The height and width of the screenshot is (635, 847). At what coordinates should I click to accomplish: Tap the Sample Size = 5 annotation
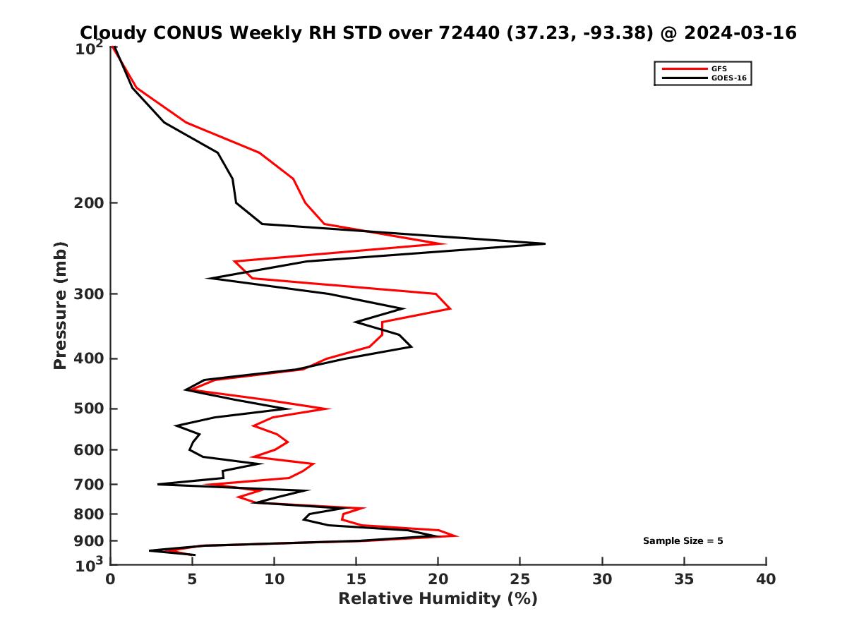pos(683,541)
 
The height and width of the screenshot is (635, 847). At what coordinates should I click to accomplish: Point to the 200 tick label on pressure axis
pos(89,202)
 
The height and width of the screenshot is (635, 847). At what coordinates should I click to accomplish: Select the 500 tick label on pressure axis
pos(89,409)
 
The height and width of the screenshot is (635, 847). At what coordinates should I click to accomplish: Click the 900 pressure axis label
pos(89,541)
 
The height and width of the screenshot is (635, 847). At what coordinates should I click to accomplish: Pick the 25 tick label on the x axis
pos(519,579)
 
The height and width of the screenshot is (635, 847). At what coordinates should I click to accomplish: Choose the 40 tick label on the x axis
pos(766,579)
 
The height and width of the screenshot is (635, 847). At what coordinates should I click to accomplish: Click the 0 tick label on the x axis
pos(110,579)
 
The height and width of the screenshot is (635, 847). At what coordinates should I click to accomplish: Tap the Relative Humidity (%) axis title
pos(438,599)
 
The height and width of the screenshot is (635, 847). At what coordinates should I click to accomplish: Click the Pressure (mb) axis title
pos(60,306)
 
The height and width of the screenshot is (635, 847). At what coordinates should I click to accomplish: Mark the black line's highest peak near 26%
pos(544,243)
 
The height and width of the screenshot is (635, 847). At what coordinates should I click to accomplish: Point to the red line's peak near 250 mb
pos(445,243)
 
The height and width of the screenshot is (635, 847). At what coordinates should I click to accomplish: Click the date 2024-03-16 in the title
pos(740,32)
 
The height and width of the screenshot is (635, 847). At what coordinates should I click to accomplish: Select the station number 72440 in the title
pos(469,32)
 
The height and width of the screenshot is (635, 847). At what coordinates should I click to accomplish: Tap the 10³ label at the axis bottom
pos(89,564)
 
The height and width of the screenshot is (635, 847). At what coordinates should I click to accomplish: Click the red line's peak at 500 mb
pos(330,409)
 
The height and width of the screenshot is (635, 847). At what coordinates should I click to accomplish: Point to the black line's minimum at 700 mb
pos(158,484)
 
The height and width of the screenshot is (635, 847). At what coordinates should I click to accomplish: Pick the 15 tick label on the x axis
pos(356,579)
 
